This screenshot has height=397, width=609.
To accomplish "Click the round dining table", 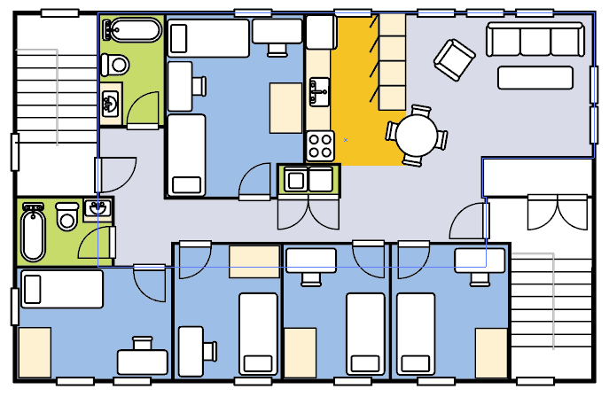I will (x=417, y=136).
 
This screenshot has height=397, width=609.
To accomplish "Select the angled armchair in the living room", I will (x=454, y=59).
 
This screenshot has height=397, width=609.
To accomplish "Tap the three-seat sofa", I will (x=535, y=41).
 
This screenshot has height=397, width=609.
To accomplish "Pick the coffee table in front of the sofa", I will (x=535, y=78).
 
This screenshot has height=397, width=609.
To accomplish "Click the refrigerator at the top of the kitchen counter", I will (x=319, y=33).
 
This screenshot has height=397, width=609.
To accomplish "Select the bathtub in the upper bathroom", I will (x=131, y=31).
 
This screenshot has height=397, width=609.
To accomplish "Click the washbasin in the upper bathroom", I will (x=111, y=104).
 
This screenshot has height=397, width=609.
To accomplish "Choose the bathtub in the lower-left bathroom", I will (x=33, y=233).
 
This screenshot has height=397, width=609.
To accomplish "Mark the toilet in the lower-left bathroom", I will (x=66, y=216).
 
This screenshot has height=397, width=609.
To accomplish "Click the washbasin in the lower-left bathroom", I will (x=98, y=210).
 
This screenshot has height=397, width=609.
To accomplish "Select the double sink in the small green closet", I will (x=308, y=180).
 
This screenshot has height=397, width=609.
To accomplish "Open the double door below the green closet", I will (x=308, y=213).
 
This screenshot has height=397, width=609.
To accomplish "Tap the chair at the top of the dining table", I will (x=419, y=111).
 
